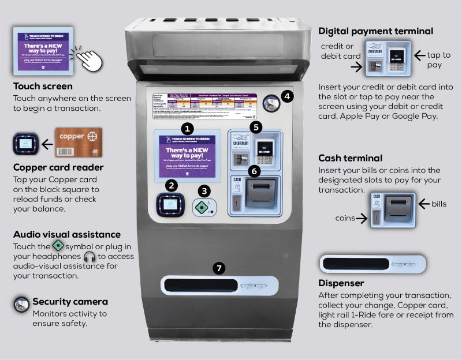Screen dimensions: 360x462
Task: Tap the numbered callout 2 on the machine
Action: [x=171, y=185]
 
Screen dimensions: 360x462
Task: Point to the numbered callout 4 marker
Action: [x=287, y=96]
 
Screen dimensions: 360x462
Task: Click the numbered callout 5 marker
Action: [x=256, y=126]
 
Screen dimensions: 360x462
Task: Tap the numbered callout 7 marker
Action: [x=218, y=268]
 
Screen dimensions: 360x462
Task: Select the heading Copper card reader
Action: [x=58, y=168]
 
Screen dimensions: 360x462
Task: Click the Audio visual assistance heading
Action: [x=67, y=235]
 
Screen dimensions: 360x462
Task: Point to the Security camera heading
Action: [x=70, y=301]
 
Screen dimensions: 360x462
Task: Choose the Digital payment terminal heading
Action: [x=375, y=31]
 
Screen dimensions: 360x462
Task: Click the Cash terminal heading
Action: [x=351, y=158]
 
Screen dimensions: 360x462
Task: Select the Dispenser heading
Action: [x=341, y=283]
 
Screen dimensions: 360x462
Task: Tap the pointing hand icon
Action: [x=88, y=57]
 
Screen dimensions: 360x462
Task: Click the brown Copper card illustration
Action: [x=79, y=142]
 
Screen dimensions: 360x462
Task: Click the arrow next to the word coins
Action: [x=362, y=218]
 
